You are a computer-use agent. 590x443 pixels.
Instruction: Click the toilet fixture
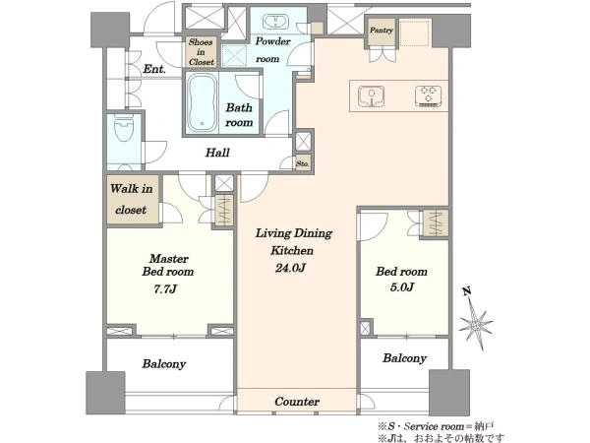[124, 129]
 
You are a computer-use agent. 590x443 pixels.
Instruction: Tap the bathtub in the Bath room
[203, 102]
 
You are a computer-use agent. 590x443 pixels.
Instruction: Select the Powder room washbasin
[275, 22]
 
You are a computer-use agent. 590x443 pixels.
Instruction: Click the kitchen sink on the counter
[371, 95]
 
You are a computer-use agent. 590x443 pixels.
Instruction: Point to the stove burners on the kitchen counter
[428, 95]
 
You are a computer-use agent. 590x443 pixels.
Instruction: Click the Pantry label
[382, 31]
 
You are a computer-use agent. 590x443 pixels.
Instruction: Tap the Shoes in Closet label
[202, 52]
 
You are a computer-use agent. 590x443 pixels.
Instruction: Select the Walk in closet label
[132, 199]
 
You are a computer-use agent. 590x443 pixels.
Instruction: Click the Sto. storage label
[303, 163]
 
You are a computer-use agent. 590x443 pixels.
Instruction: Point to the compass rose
[476, 324]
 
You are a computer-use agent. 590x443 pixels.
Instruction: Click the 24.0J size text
[290, 268]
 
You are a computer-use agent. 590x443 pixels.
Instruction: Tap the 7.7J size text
[165, 288]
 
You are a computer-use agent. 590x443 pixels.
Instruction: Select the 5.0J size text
[402, 287]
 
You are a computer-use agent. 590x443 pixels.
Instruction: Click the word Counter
[297, 402]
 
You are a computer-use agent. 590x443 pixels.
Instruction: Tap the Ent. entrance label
[154, 69]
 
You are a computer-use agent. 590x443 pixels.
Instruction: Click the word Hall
[217, 153]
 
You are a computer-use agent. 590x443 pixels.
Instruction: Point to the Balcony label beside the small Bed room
[404, 358]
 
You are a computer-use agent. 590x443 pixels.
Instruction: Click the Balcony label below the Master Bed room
[163, 364]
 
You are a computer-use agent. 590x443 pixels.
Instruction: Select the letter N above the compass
[467, 290]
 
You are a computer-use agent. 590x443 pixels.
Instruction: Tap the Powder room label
[272, 50]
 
